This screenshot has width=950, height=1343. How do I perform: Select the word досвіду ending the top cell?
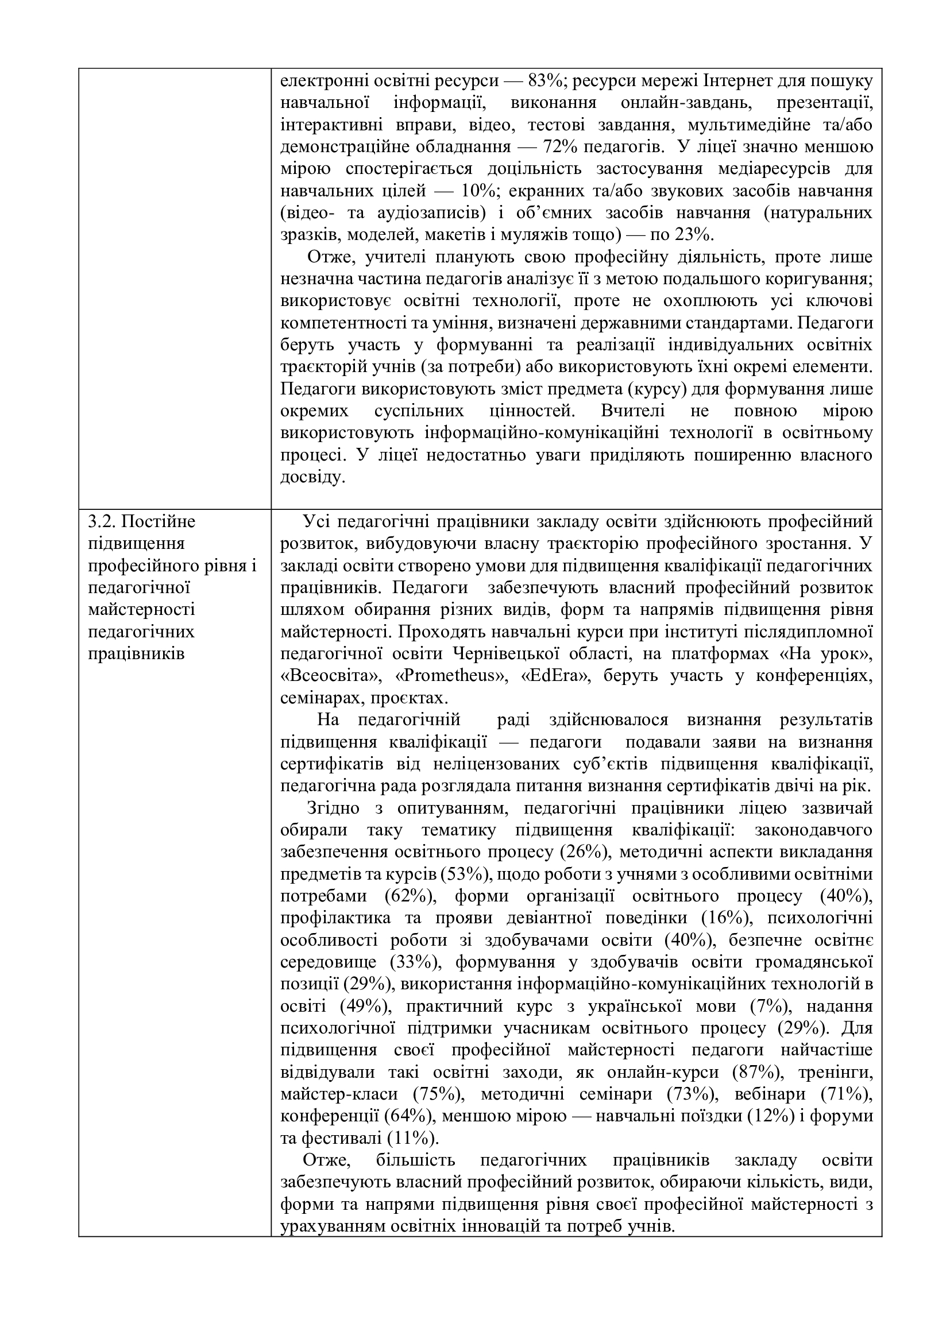tap(310, 477)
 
